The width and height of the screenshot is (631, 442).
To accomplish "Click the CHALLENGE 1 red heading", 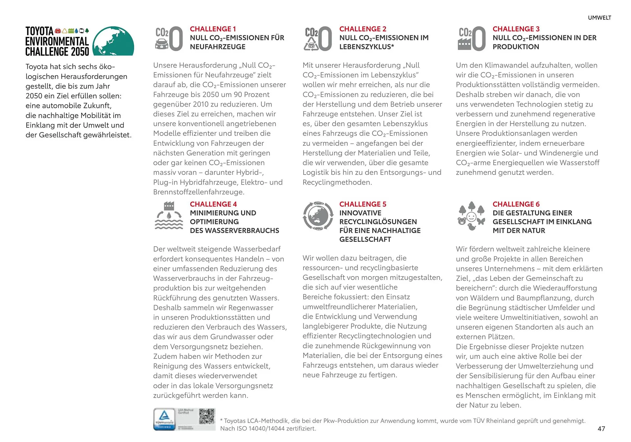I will [213, 29].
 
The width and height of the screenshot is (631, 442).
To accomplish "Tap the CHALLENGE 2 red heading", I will [362, 29].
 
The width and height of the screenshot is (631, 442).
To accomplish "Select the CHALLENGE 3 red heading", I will [516, 29].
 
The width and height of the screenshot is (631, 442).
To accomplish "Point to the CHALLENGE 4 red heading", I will [213, 204].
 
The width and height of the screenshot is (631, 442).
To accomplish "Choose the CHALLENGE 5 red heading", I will [362, 204].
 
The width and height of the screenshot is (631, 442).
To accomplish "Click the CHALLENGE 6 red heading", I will [516, 204].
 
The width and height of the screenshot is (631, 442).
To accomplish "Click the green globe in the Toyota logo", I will [113, 41].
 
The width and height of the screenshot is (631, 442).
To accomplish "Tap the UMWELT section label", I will [599, 18].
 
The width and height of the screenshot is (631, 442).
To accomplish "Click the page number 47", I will [601, 429].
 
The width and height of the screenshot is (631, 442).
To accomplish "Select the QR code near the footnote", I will [207, 416].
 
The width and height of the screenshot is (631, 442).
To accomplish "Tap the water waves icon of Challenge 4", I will [169, 224].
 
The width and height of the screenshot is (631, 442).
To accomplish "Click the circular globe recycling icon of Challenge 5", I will [318, 216].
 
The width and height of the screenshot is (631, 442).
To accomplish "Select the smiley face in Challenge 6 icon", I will [472, 217].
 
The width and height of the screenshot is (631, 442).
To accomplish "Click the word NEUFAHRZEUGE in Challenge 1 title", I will [218, 47].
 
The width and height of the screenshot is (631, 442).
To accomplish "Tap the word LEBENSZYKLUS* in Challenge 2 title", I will [366, 47].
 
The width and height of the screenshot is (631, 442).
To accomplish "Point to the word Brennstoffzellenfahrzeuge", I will [198, 192].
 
